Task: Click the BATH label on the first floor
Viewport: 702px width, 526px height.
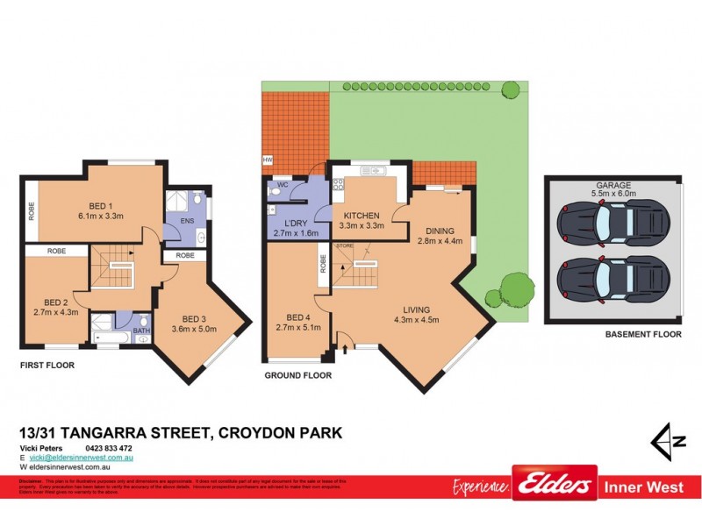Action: [141, 331]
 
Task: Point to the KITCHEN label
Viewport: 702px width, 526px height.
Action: [361, 215]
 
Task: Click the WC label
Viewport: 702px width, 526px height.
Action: [283, 186]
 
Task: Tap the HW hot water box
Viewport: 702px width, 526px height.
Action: [267, 160]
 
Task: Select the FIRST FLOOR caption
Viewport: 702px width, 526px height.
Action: [47, 365]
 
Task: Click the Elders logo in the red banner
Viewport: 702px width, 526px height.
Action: [554, 484]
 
